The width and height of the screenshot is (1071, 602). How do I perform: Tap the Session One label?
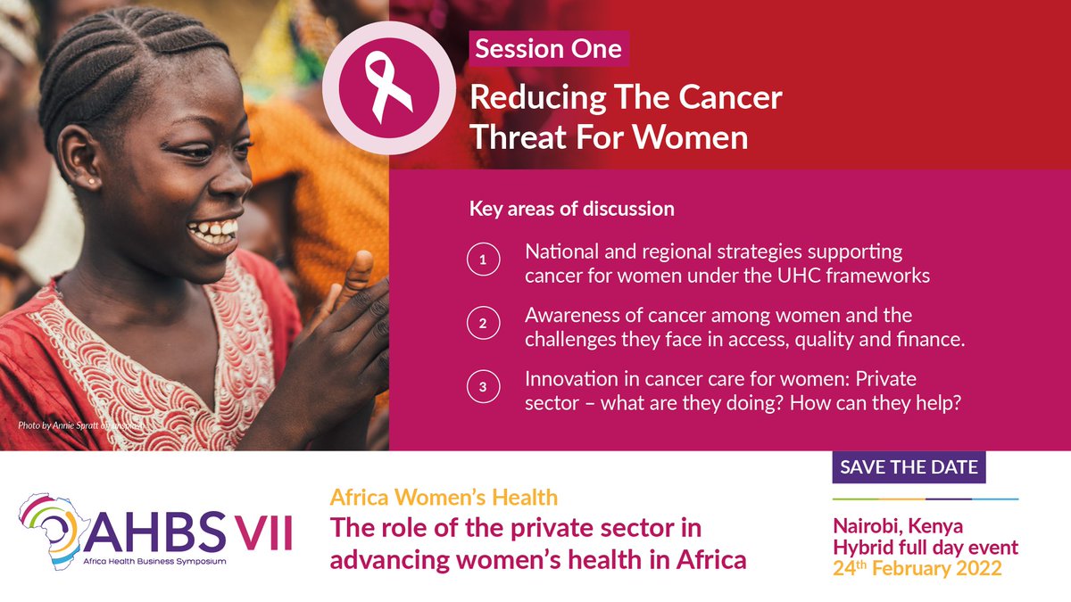coord(548,49)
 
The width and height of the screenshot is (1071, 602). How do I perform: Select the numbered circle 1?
coord(483,262)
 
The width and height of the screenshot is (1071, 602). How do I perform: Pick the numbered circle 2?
coord(483,326)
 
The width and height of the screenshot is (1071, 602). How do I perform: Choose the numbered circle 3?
coord(483,389)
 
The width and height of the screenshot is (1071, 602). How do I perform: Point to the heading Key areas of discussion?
coord(571,210)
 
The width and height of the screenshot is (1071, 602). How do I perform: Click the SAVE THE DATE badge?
coord(909,467)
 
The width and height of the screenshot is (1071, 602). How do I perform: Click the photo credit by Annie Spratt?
coord(79,425)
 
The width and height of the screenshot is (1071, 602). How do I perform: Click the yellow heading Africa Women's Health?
coord(443,497)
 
